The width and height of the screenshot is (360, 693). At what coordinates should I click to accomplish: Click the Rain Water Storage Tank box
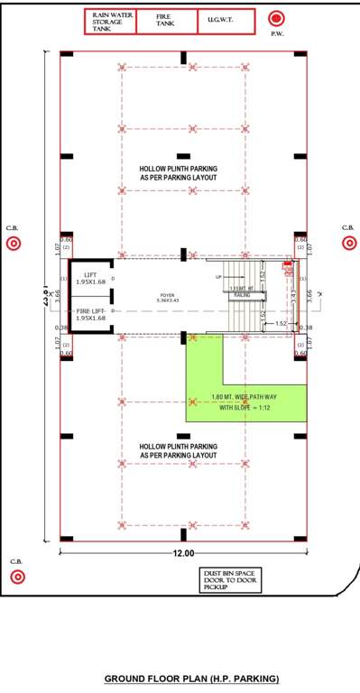(110, 23)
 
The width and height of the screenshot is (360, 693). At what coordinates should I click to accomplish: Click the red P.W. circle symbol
(277, 18)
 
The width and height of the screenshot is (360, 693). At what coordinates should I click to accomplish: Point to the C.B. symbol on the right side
(349, 242)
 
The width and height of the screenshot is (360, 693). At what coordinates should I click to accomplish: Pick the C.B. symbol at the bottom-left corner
(15, 577)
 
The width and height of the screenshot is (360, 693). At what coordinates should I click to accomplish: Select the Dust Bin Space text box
(225, 579)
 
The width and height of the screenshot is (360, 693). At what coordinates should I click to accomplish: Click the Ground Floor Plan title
(191, 678)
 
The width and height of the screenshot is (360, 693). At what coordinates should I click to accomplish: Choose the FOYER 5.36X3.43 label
(168, 297)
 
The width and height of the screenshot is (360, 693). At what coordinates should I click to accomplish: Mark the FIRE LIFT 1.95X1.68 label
(91, 314)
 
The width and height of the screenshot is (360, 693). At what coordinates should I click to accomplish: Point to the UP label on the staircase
(217, 277)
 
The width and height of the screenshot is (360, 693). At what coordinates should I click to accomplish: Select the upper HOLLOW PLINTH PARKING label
(178, 173)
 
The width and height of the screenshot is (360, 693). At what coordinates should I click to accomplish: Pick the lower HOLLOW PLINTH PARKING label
(178, 450)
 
